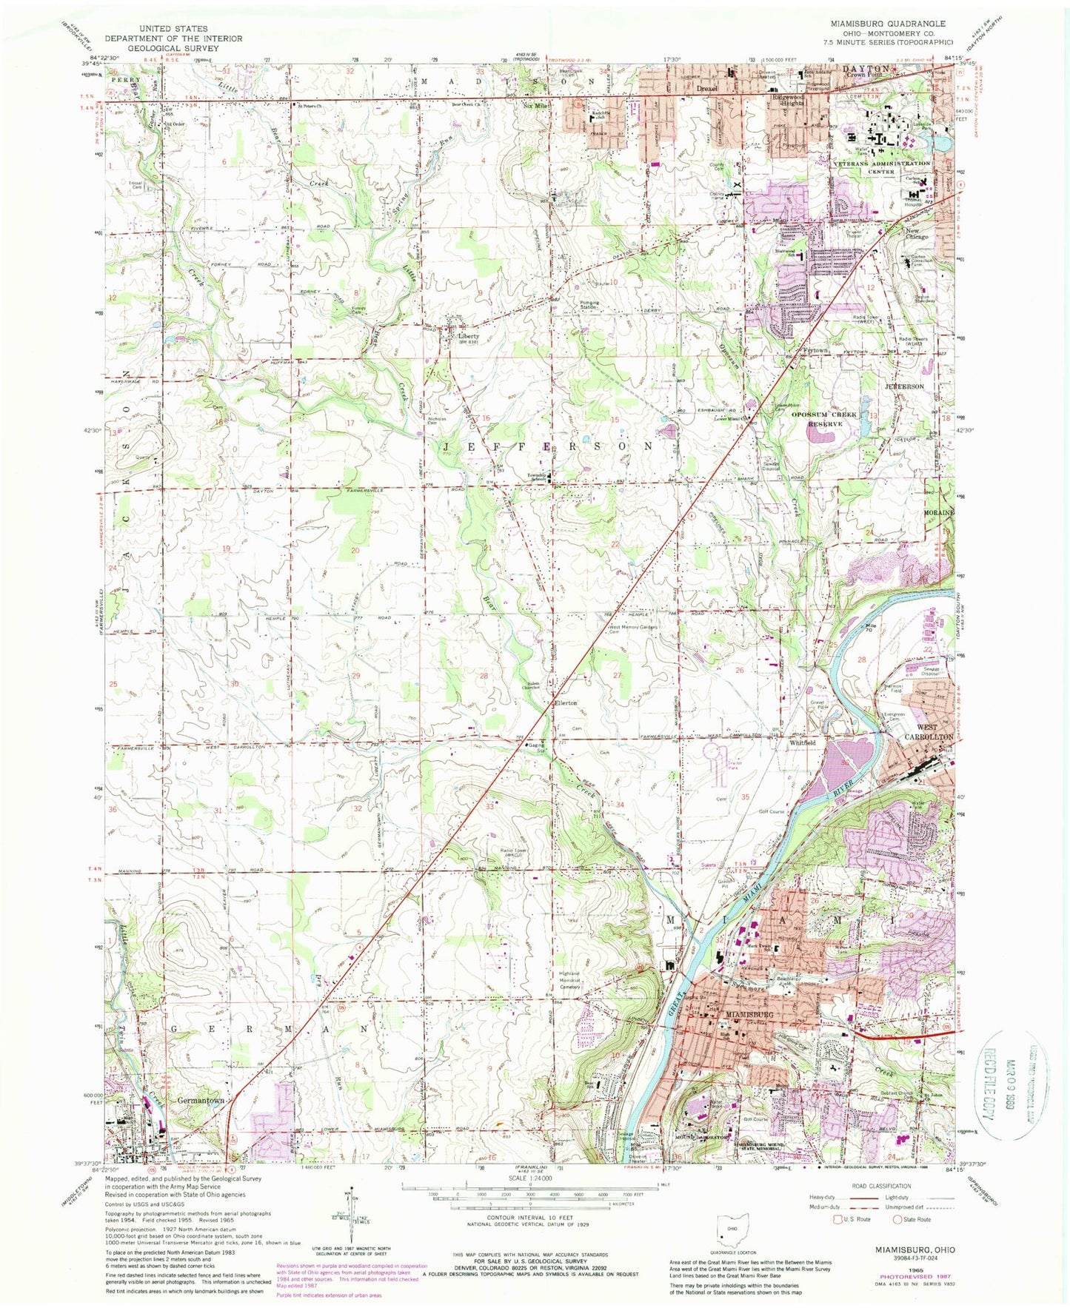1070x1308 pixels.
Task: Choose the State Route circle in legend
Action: tap(897, 1219)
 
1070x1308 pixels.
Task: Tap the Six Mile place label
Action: tap(533, 106)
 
